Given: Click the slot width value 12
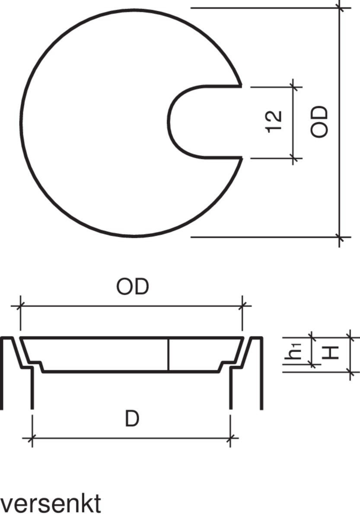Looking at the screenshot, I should (275, 122).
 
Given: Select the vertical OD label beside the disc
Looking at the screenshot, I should (320, 122).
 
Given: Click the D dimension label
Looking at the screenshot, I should (132, 419).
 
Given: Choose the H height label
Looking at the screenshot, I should (331, 353).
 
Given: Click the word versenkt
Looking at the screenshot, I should (51, 503).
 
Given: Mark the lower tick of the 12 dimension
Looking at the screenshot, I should (294, 158).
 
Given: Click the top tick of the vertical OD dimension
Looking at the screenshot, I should (340, 8).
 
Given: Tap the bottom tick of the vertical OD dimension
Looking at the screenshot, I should (340, 237).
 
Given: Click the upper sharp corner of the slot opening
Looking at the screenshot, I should (241, 86).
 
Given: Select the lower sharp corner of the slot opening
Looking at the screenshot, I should (241, 158).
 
